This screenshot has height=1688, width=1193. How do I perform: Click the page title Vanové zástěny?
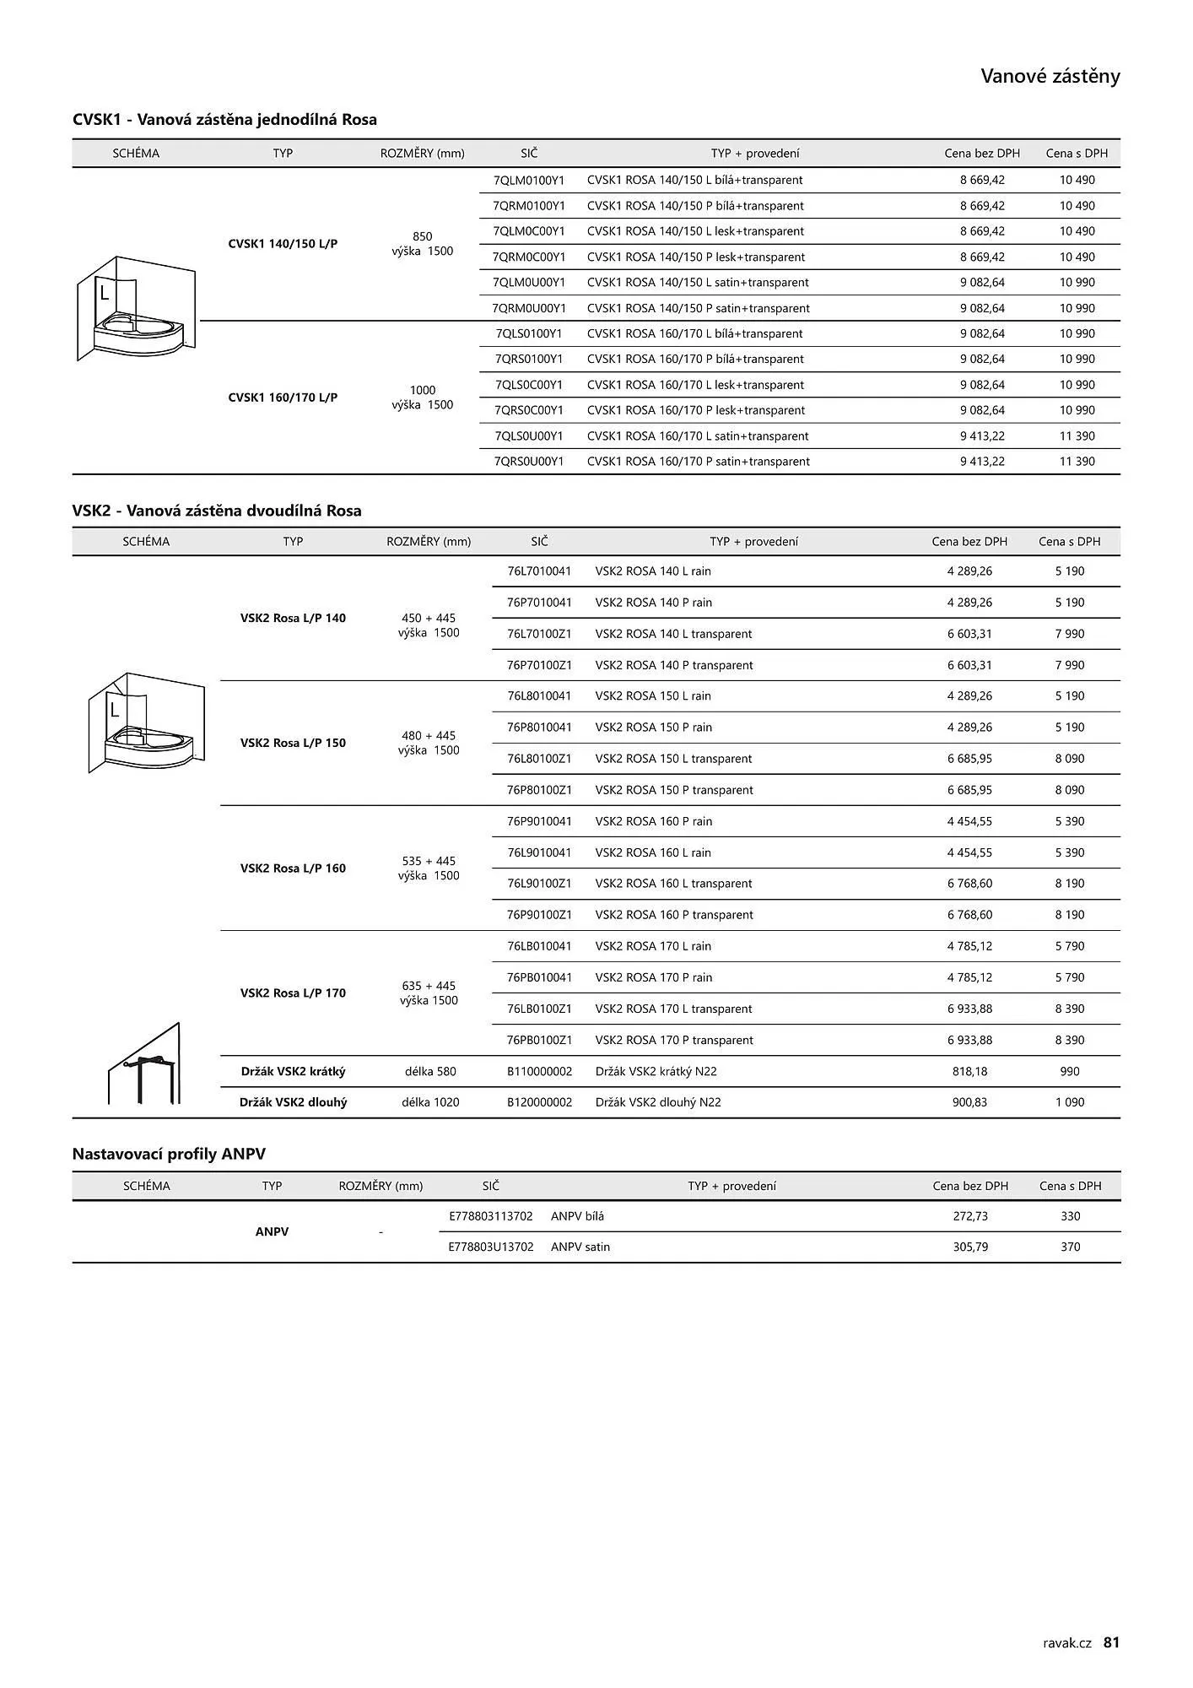1050,77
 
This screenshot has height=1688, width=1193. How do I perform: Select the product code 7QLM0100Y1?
529,180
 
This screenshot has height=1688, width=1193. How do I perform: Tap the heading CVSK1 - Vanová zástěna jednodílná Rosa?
224,120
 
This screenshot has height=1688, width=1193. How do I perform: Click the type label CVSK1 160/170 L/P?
283,398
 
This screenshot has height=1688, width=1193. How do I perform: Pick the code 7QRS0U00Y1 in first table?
529,462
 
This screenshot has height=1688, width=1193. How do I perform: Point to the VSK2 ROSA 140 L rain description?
653,571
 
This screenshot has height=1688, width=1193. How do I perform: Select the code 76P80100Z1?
539,790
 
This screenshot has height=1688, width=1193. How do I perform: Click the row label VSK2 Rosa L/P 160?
293,868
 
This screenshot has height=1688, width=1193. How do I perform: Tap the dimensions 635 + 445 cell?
429,986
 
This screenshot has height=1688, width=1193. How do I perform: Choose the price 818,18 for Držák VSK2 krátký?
969,1072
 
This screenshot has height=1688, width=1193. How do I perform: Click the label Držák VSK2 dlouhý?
293,1102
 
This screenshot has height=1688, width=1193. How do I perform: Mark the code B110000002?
539,1072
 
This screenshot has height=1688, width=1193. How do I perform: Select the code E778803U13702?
491,1247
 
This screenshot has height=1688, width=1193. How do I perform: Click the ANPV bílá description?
577,1216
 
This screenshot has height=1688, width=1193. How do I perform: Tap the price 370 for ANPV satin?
1070,1247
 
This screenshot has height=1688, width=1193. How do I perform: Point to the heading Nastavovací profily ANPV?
169,1154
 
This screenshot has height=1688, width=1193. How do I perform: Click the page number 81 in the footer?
1111,1642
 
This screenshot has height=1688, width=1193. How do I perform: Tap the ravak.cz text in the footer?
1066,1642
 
